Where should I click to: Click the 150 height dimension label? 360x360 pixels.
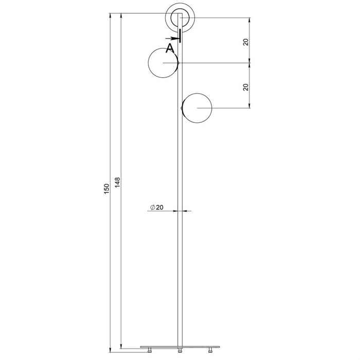[x=107, y=189]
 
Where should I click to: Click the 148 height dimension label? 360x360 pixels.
[x=117, y=182]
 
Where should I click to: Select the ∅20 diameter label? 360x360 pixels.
[x=157, y=207]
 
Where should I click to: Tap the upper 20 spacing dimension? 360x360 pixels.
[x=246, y=42]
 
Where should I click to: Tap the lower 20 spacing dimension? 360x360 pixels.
[x=246, y=87]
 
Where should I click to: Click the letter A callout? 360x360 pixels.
[x=170, y=48]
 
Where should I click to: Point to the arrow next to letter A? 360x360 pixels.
[x=172, y=38]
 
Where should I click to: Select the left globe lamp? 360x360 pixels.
[x=163, y=63]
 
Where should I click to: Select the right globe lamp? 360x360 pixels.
[x=197, y=108]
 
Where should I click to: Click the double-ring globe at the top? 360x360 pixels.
[x=180, y=17]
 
